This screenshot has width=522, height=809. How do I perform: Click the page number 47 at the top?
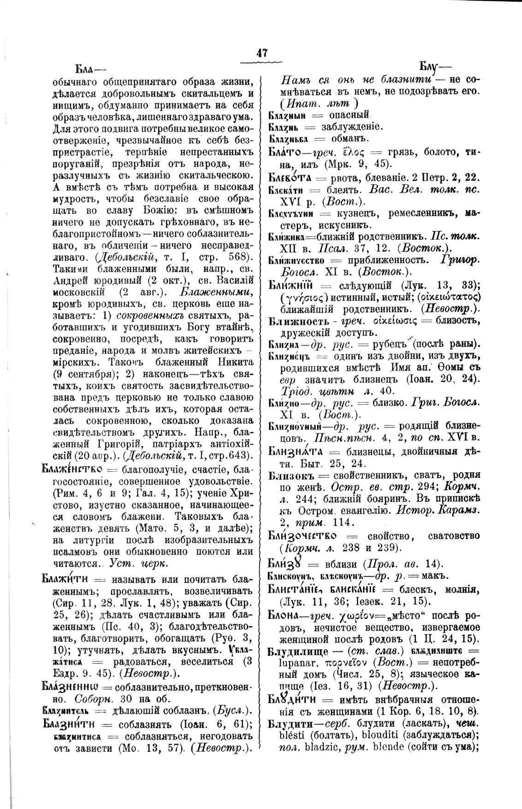261,53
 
